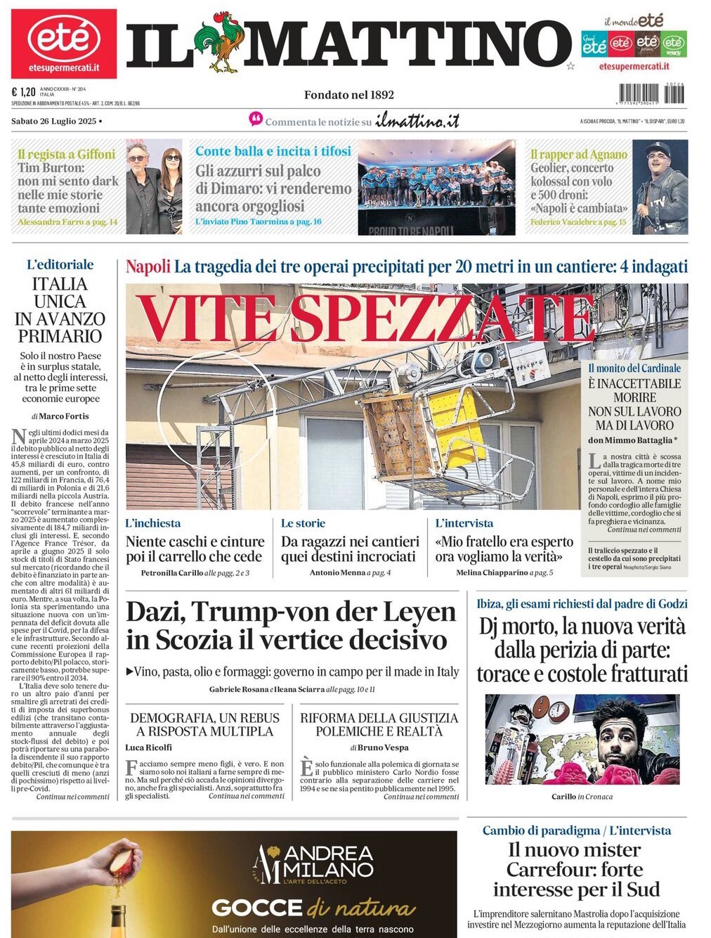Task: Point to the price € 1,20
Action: tap(23, 91)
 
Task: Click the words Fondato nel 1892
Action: tap(349, 95)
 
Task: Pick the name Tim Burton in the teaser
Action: tap(51, 167)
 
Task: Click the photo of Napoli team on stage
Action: tap(436, 186)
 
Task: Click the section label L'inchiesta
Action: tap(152, 523)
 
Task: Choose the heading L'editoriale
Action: tap(60, 264)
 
